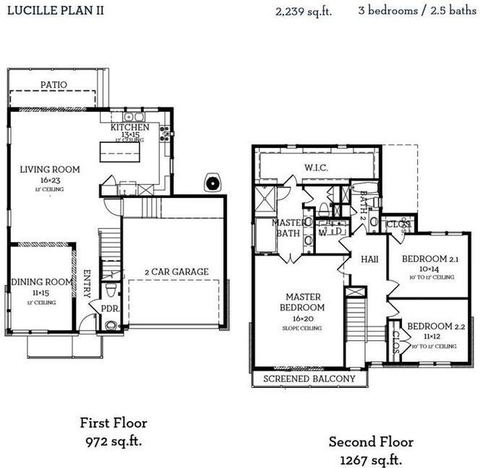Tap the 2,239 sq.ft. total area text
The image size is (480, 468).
pos(304,12)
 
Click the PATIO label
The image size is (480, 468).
pos(53,85)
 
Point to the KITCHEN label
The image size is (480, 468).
pos(130,128)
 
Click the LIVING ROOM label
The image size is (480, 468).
pos(50,170)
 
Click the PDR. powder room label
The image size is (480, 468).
pos(110,308)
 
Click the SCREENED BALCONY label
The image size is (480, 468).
pos(309,379)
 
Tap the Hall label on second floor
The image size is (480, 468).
pos(370,258)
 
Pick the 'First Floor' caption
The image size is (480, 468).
pos(113,422)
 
